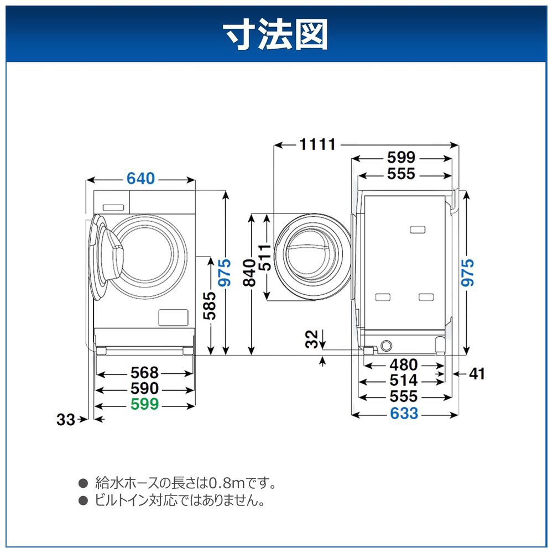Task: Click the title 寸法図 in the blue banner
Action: tap(275, 34)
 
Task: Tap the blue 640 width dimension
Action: tap(142, 179)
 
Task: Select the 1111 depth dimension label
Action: tap(317, 145)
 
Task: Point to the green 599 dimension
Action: tap(144, 405)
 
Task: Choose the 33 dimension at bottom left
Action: tap(66, 420)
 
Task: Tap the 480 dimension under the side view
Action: tap(403, 365)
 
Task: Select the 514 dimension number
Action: tap(403, 380)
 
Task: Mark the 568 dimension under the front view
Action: tap(144, 373)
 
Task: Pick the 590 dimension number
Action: tap(144, 389)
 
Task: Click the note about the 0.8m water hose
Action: tap(185, 483)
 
